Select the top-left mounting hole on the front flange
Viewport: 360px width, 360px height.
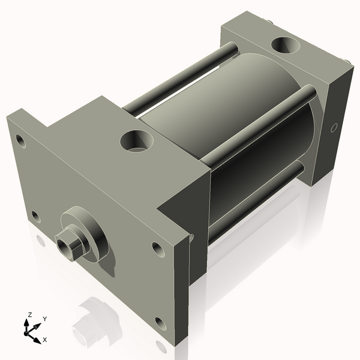[x=20, y=142]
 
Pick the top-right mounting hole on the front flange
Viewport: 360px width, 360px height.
[x=157, y=248]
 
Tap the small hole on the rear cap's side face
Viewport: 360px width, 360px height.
[x=335, y=127]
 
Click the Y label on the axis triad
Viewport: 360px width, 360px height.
[x=44, y=319]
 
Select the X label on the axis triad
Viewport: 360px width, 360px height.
[x=45, y=340]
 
